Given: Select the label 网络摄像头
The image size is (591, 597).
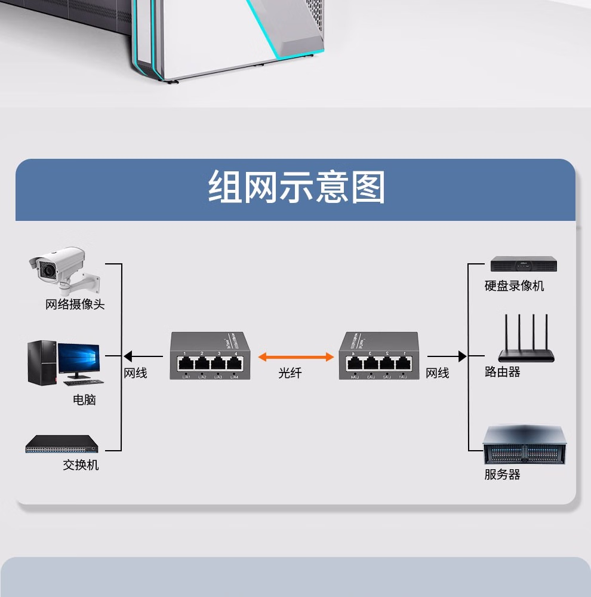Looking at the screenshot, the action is (x=75, y=304).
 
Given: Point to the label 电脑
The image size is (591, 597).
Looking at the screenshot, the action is (x=84, y=400).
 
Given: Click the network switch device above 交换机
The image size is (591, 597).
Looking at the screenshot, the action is (x=61, y=444).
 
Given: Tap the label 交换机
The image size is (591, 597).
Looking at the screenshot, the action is (x=81, y=464).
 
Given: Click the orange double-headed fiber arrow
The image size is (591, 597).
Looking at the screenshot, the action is (x=295, y=357).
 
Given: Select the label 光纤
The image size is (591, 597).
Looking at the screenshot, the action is (x=290, y=373).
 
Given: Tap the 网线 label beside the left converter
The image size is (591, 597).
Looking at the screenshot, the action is (x=136, y=373).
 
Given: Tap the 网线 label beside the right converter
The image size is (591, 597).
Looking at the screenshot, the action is (x=438, y=373).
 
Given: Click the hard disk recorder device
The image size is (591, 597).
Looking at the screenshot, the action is (x=524, y=264).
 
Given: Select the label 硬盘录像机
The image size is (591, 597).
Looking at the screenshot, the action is (x=515, y=286).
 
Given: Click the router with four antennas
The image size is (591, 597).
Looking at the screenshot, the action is (x=527, y=341).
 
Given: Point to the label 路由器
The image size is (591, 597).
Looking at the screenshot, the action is (x=503, y=372).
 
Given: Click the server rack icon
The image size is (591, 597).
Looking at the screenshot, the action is (x=524, y=445).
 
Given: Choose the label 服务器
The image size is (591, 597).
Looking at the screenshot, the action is (x=503, y=475).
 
